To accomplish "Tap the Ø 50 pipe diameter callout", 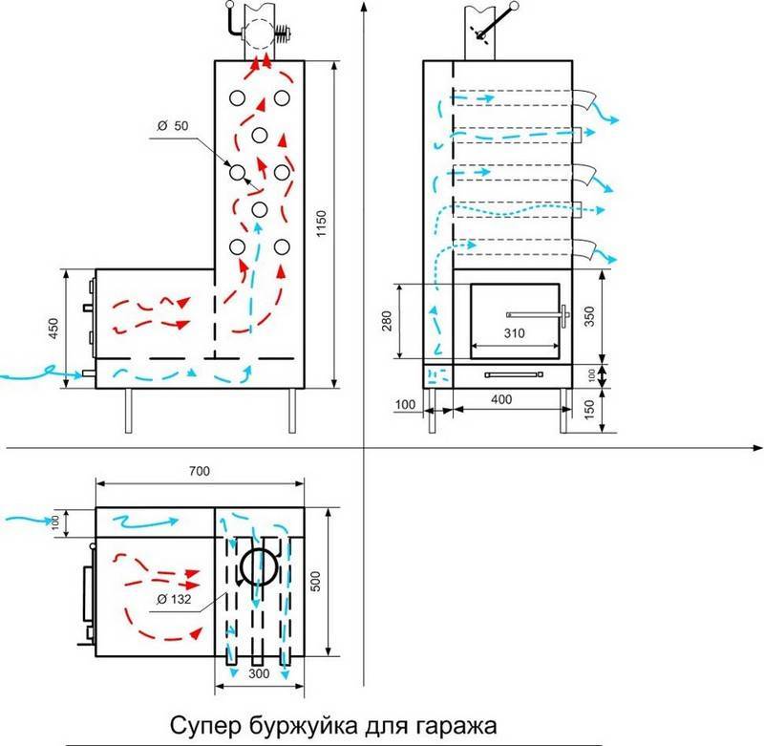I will (x=172, y=126).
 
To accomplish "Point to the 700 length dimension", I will (x=199, y=471).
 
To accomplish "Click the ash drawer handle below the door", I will (x=514, y=375).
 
